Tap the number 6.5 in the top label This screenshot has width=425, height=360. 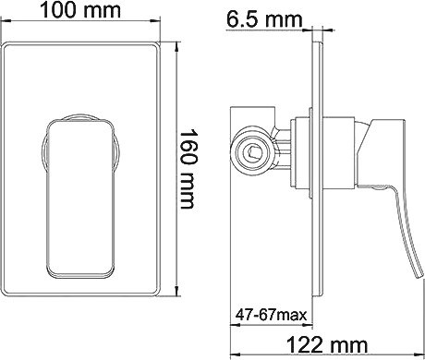(x=244, y=17)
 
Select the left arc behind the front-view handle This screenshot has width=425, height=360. (x=43, y=152)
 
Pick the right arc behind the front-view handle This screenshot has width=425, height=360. (x=118, y=152)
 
